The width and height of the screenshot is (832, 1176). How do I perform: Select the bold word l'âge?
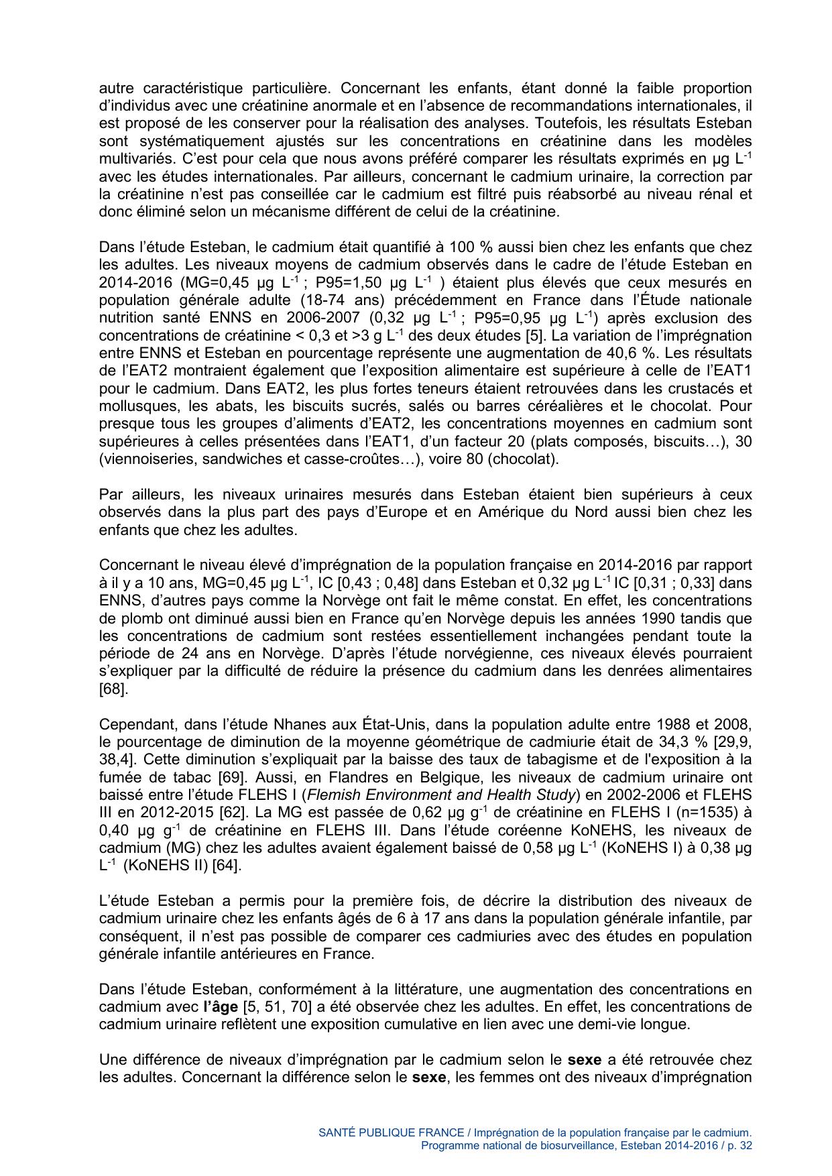click(220, 1007)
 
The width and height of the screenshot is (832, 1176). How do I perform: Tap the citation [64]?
click(226, 866)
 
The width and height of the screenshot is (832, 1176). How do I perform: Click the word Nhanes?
click(298, 725)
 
